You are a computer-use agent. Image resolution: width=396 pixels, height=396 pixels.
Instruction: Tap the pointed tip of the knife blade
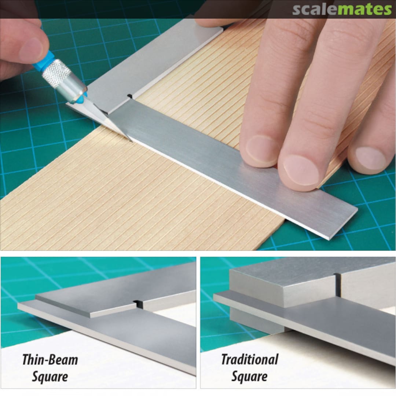point(131,140)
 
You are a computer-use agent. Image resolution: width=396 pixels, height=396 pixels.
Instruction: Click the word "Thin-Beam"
point(50,360)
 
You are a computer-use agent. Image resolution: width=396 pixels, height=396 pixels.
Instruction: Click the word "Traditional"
point(250,360)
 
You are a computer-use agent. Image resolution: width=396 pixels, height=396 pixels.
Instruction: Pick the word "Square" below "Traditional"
point(249,377)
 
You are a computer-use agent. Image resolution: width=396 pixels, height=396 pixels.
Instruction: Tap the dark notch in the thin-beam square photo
point(137,304)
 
